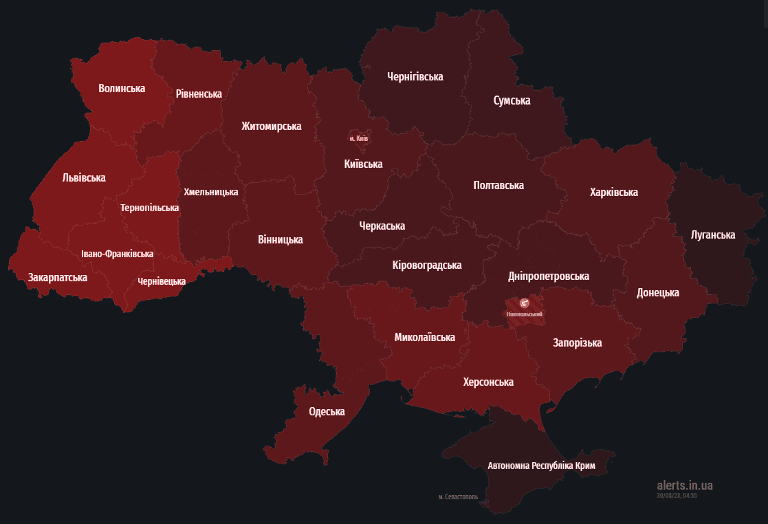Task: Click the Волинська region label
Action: [x=122, y=89]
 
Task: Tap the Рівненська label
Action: [x=199, y=94]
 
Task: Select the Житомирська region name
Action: [x=272, y=127]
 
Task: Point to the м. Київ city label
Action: [x=359, y=138]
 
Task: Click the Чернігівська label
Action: [x=415, y=77]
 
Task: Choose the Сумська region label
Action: [x=512, y=100]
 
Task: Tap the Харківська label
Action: [x=613, y=193]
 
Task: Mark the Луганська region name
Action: [x=713, y=235]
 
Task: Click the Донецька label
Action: [x=657, y=292]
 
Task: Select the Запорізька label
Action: [x=577, y=342]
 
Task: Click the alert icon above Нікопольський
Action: [x=524, y=303]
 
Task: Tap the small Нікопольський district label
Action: [x=524, y=314]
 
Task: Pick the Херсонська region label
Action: [x=488, y=382]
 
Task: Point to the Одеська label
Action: [x=327, y=412]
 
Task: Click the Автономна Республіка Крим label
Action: [x=541, y=466]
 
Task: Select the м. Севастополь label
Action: [x=458, y=496]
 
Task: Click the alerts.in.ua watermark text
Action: [x=685, y=485]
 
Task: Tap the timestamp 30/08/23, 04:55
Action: [x=677, y=495]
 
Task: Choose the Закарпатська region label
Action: [x=58, y=278]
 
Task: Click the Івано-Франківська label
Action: [x=117, y=254]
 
